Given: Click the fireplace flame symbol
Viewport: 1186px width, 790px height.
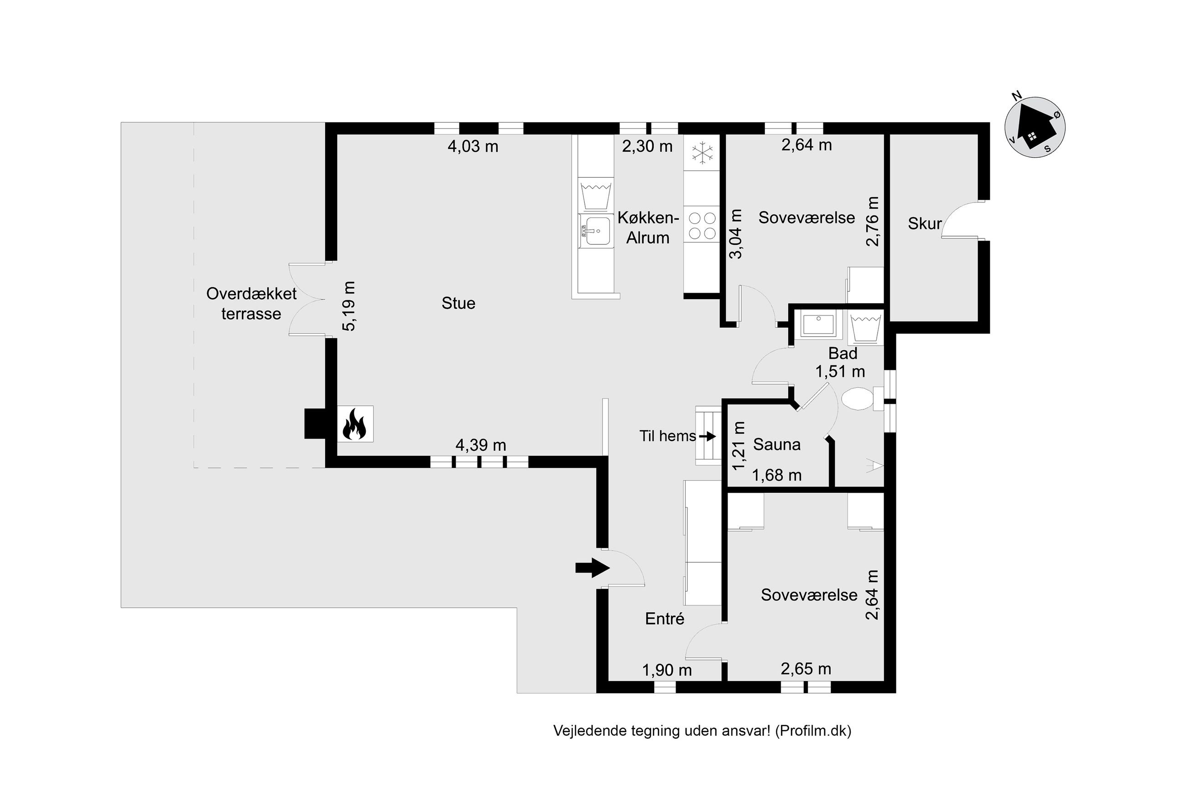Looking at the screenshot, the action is pyautogui.click(x=354, y=423).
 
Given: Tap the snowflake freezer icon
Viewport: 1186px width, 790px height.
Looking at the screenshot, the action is pyautogui.click(x=702, y=153).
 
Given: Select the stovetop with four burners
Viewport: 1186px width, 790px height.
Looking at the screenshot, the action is pyautogui.click(x=702, y=225).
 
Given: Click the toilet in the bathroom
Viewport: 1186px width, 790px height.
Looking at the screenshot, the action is pyautogui.click(x=861, y=398).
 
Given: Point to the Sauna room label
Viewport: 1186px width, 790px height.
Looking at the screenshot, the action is pyautogui.click(x=776, y=444).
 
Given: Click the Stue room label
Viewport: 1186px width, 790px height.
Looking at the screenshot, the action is pyautogui.click(x=458, y=303).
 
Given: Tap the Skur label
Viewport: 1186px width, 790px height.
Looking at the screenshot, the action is pyautogui.click(x=925, y=224).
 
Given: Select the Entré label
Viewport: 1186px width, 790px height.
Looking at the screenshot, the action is pyautogui.click(x=664, y=619).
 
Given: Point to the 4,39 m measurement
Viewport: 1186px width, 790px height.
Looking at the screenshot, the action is pyautogui.click(x=480, y=445).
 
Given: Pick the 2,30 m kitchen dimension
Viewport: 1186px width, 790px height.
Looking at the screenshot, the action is pyautogui.click(x=647, y=147).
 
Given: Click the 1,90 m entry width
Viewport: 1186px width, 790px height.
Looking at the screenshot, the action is pyautogui.click(x=666, y=670).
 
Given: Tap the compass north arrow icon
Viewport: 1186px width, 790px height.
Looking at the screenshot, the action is pyautogui.click(x=1035, y=128).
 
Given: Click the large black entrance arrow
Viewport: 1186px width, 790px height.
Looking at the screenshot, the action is pyautogui.click(x=593, y=568).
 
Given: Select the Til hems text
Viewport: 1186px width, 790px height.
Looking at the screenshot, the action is pyautogui.click(x=667, y=436).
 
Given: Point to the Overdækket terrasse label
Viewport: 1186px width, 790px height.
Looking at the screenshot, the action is pyautogui.click(x=251, y=304).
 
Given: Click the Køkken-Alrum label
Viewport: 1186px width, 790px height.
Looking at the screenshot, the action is pyautogui.click(x=648, y=228).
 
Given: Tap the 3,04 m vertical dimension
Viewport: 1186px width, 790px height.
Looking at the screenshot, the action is pyautogui.click(x=736, y=234).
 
